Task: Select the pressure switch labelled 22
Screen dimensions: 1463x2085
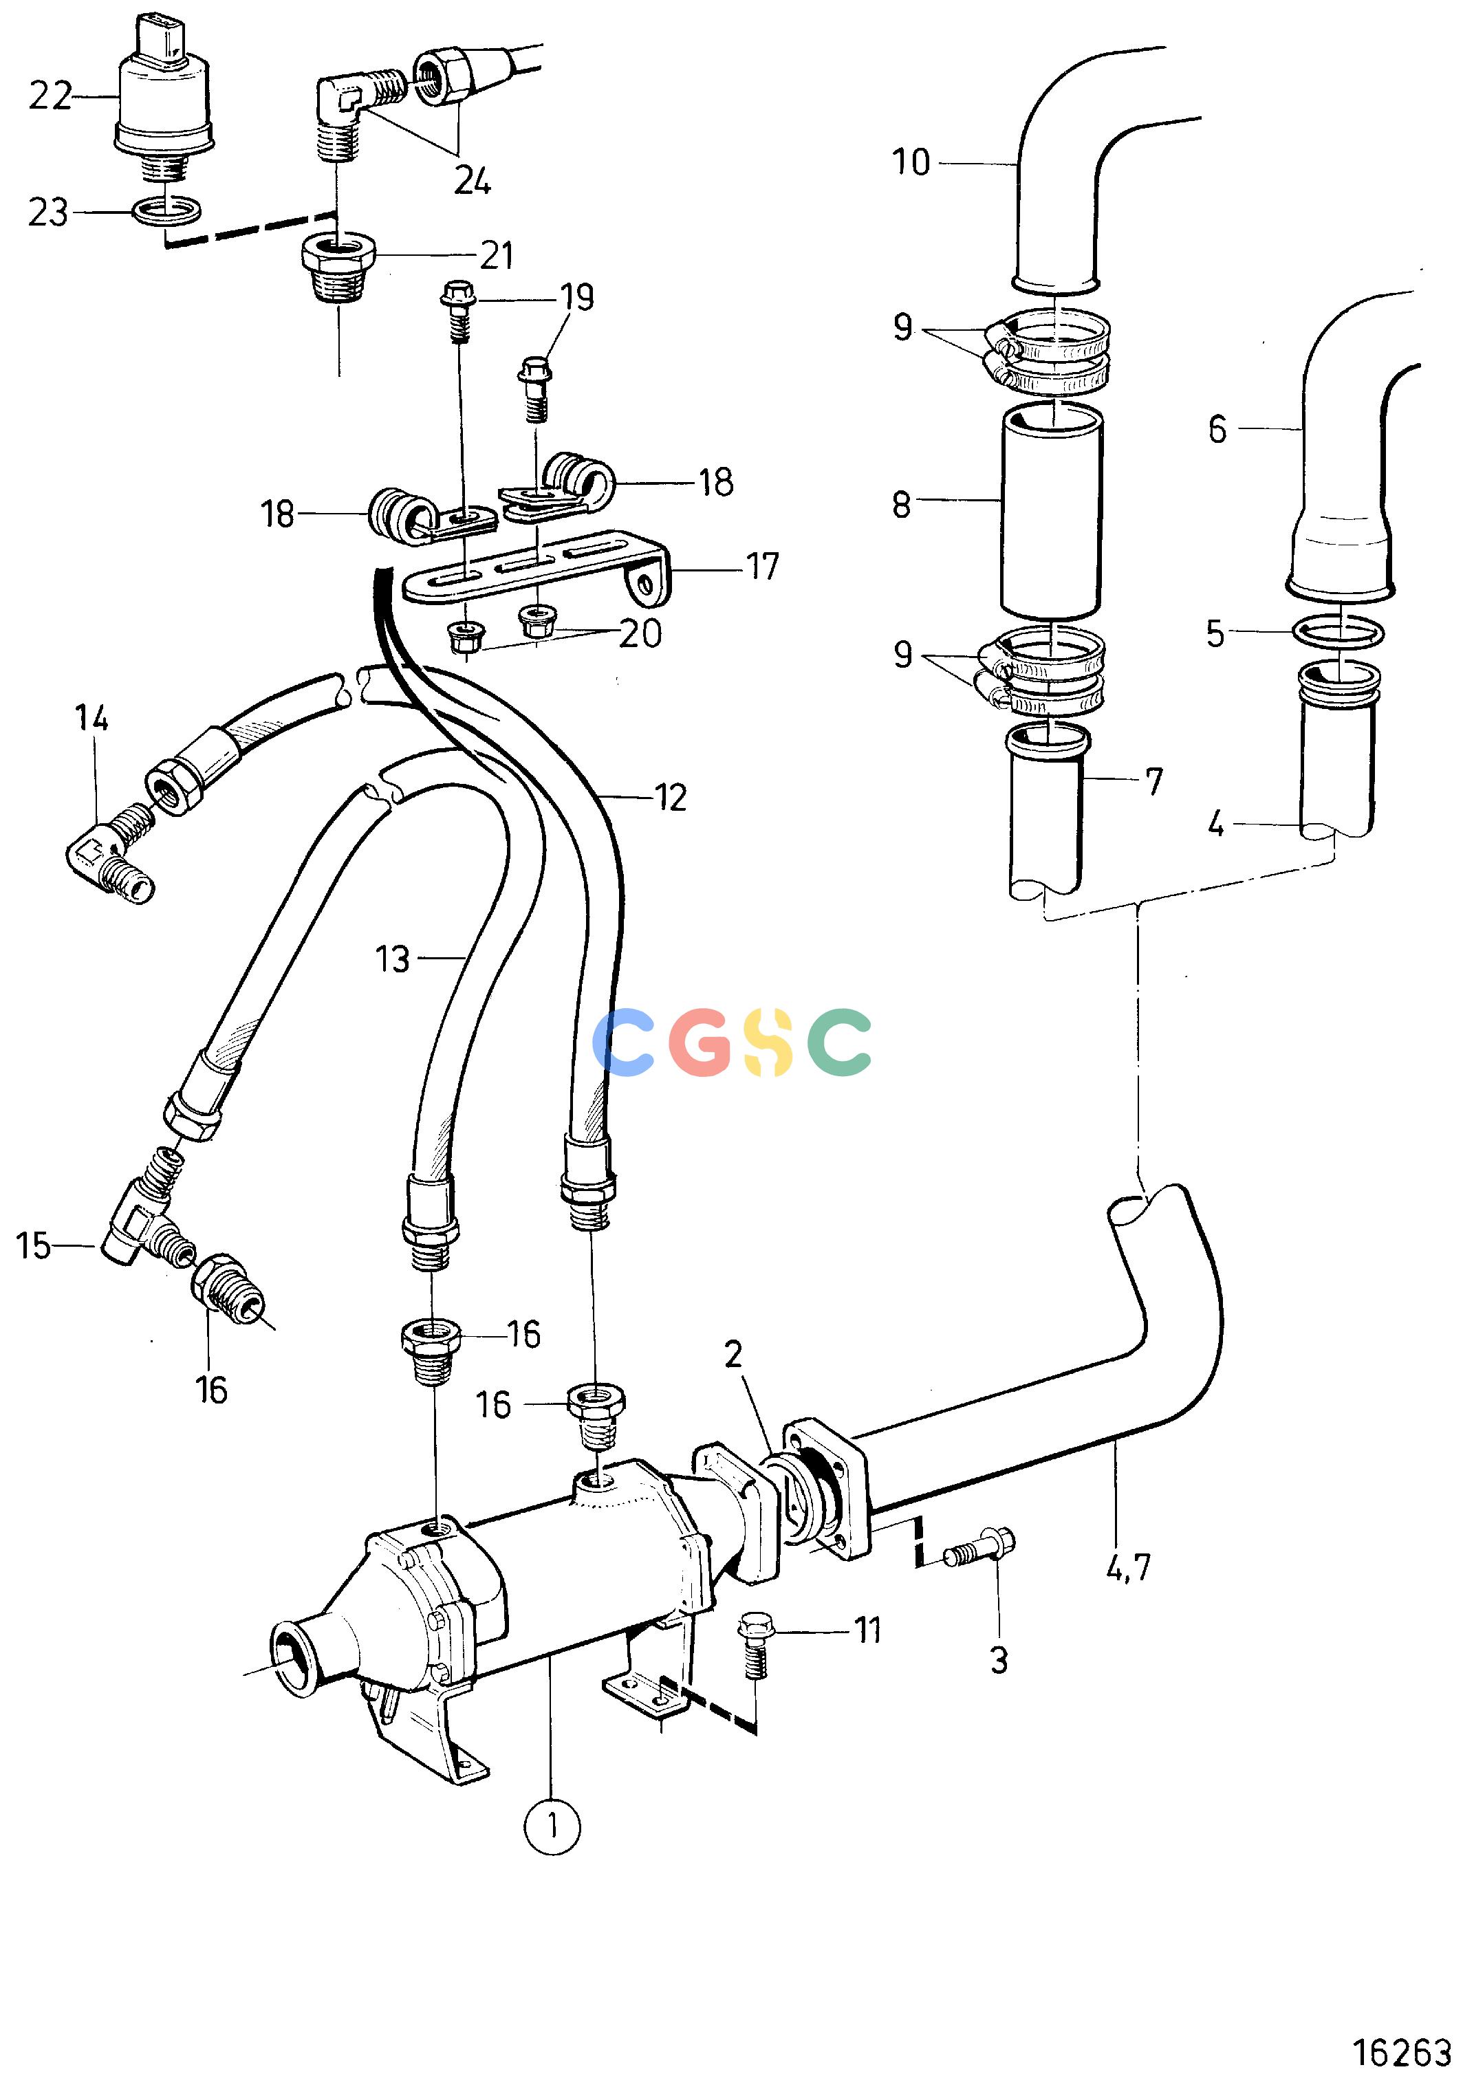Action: point(164,91)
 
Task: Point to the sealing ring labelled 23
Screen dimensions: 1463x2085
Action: point(167,212)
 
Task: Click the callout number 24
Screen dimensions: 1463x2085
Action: point(473,182)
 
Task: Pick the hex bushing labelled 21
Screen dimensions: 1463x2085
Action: point(338,269)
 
